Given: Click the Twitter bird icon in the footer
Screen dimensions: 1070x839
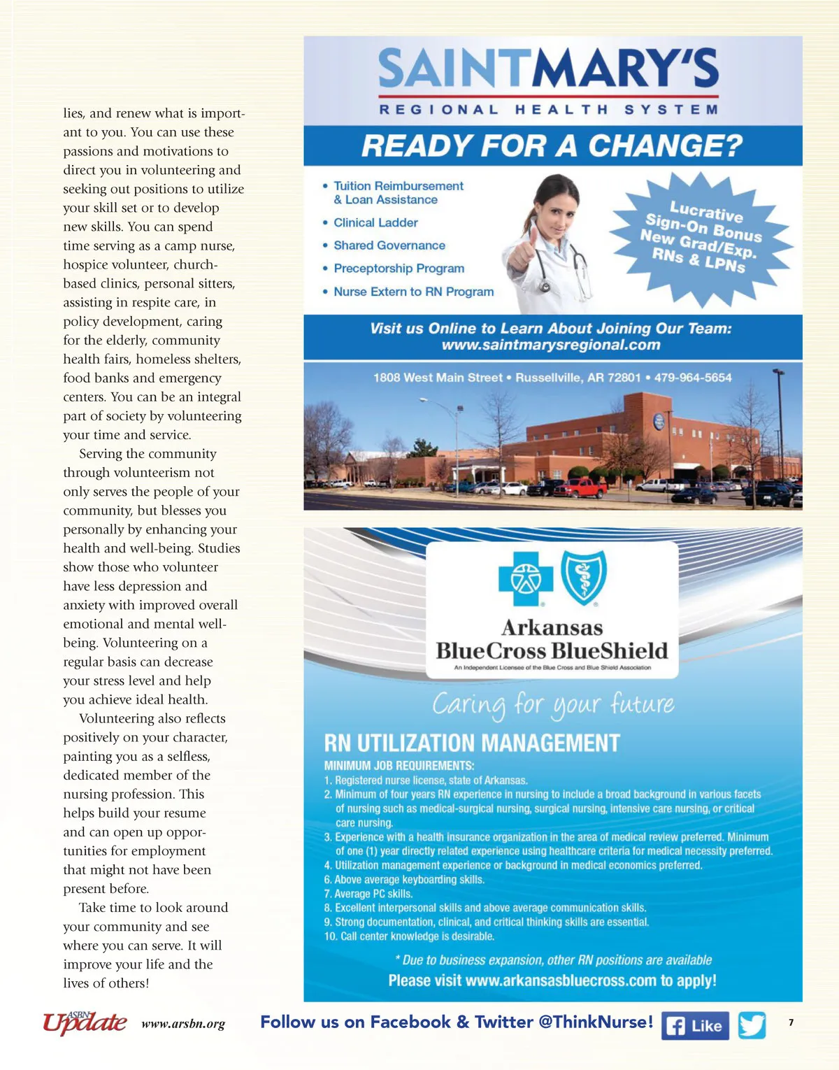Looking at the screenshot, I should click(752, 1025).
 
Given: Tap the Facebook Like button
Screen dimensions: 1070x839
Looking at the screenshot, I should click(695, 1026).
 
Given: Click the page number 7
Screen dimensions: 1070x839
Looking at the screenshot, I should click(791, 1022).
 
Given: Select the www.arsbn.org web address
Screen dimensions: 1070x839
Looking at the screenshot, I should click(183, 1024).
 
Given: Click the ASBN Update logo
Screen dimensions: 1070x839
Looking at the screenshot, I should click(85, 1022).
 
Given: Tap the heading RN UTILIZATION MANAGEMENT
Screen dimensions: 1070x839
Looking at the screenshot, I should click(472, 743).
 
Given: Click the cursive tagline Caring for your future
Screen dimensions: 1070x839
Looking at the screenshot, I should click(552, 704).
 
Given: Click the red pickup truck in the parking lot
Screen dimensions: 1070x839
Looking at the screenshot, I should click(582, 487).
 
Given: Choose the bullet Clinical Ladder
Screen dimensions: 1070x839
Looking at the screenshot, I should click(375, 222).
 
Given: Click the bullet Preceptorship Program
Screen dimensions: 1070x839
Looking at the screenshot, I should click(399, 269).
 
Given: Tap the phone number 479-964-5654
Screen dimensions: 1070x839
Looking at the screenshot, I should click(693, 378).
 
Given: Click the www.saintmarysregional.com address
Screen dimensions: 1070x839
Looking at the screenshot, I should click(551, 345).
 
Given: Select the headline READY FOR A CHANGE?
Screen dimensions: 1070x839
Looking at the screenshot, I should click(552, 145).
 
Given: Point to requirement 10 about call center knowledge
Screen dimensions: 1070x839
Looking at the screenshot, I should click(409, 936).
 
